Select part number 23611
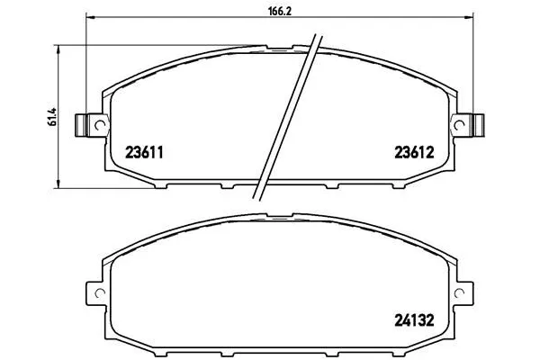(x=143, y=155)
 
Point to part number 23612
(x=413, y=155)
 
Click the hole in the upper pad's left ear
(x=93, y=125)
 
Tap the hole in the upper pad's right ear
(x=463, y=125)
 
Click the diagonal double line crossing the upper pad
(x=288, y=117)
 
